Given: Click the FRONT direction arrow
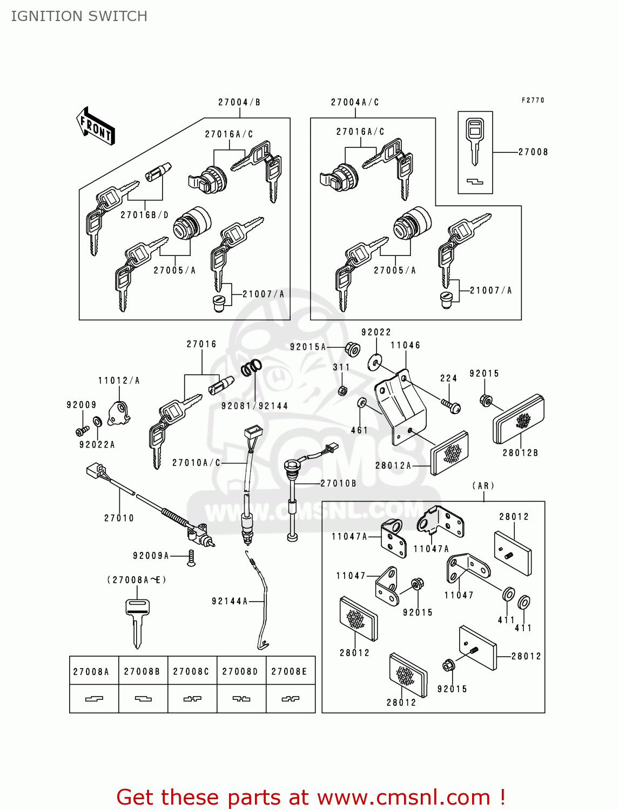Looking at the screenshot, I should pos(96,126).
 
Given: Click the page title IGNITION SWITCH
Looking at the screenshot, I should pos(79,16).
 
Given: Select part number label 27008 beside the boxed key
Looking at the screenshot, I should pos(533,152).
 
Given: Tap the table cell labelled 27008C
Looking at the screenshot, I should pos(191,671).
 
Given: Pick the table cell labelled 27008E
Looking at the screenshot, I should pos(290,671).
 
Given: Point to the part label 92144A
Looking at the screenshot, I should pos(230,601).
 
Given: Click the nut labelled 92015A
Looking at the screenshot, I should pos(352,349).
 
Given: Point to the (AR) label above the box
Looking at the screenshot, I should pos(483,485).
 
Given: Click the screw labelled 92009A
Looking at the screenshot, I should pos(191,558).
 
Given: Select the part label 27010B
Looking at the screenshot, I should pos(339,483).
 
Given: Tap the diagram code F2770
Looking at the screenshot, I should pos(533,100).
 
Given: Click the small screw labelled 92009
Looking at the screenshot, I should pos(82,431).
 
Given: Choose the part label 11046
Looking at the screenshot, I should pos(405,346).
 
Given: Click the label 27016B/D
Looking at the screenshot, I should pos(145,215).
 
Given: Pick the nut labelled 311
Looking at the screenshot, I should pos(342,390).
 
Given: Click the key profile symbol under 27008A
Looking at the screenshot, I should pos(94,699).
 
